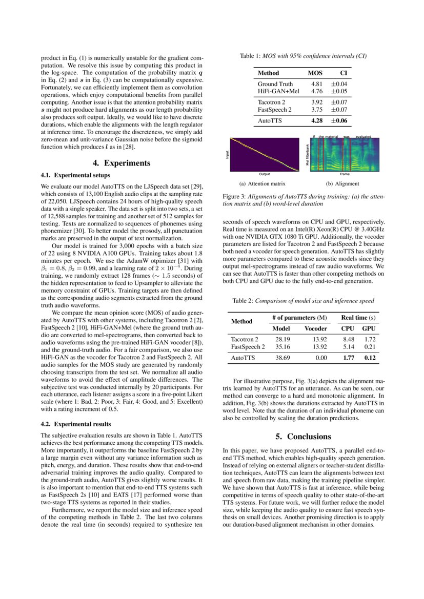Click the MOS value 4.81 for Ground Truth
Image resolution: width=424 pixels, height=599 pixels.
(x=317, y=84)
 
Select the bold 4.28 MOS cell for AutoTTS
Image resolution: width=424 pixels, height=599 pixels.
(x=317, y=121)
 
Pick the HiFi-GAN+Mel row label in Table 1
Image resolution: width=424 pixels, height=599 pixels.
(x=278, y=91)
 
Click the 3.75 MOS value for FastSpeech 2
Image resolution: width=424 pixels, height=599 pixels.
(x=317, y=110)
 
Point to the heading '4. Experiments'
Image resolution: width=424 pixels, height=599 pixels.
(x=122, y=163)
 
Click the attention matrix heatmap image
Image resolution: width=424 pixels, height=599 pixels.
(x=265, y=154)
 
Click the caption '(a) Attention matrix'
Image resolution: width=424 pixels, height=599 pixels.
(x=262, y=183)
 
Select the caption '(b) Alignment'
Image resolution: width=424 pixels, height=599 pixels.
(x=342, y=183)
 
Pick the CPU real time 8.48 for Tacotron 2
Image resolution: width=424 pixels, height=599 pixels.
(x=349, y=339)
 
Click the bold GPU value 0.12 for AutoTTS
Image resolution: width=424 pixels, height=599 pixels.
(x=369, y=358)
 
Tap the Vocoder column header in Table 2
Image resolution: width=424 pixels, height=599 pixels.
(x=316, y=328)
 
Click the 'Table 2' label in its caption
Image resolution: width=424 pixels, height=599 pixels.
(x=243, y=301)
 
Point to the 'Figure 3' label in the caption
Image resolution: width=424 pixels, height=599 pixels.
(x=234, y=197)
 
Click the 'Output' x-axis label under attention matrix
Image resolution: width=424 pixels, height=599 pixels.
(x=265, y=175)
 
